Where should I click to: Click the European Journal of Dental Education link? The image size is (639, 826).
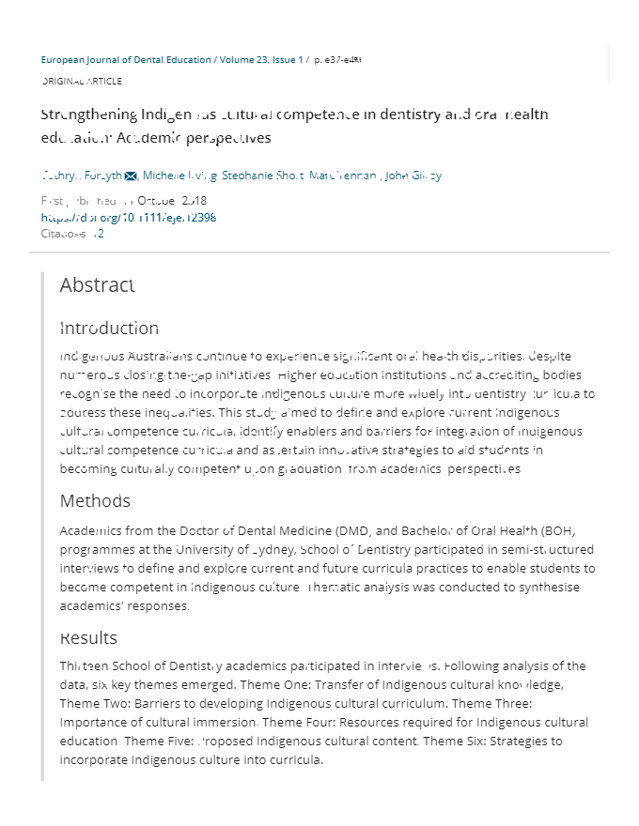click(x=126, y=60)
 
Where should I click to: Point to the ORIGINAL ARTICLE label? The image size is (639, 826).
click(x=82, y=82)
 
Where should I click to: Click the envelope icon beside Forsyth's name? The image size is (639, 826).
click(x=131, y=176)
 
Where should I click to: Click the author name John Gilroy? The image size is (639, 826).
click(x=413, y=176)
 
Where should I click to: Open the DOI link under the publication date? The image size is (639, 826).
click(x=129, y=218)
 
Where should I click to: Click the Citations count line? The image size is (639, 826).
click(x=72, y=234)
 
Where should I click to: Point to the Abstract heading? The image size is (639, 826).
click(x=98, y=285)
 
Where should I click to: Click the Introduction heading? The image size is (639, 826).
click(x=109, y=329)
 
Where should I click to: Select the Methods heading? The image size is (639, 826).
click(x=95, y=501)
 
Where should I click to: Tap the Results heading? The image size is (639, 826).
click(x=88, y=638)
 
